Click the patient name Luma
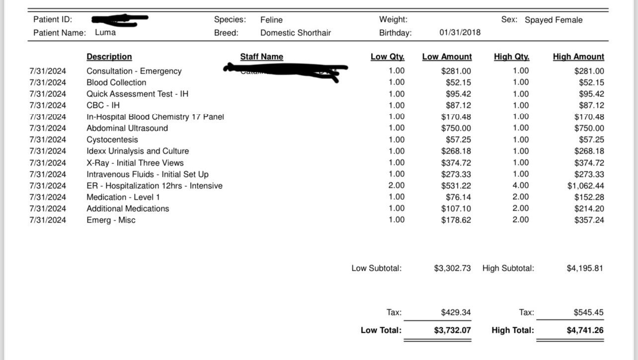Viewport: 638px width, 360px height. [x=105, y=33]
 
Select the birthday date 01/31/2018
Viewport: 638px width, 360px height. [x=460, y=33]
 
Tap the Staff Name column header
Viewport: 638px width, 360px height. [x=261, y=57]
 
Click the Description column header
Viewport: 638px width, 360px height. [x=109, y=57]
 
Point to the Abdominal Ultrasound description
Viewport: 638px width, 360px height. [x=127, y=128]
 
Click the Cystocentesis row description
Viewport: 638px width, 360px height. [x=112, y=140]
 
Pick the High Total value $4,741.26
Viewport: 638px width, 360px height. [x=585, y=330]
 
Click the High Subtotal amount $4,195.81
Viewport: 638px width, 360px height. [x=585, y=268]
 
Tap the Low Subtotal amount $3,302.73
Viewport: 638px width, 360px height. [x=452, y=268]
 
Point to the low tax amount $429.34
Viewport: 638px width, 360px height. [x=456, y=312]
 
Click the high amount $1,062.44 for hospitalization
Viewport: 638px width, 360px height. [x=586, y=186]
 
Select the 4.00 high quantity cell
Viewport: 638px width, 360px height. [x=520, y=186]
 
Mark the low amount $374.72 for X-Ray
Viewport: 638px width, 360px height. [x=456, y=163]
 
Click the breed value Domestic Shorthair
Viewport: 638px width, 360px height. [x=296, y=33]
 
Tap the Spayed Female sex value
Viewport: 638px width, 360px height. [x=554, y=20]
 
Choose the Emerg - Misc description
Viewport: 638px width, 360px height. [x=111, y=220]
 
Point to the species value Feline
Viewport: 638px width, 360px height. [x=271, y=20]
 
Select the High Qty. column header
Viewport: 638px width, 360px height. [x=511, y=57]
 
